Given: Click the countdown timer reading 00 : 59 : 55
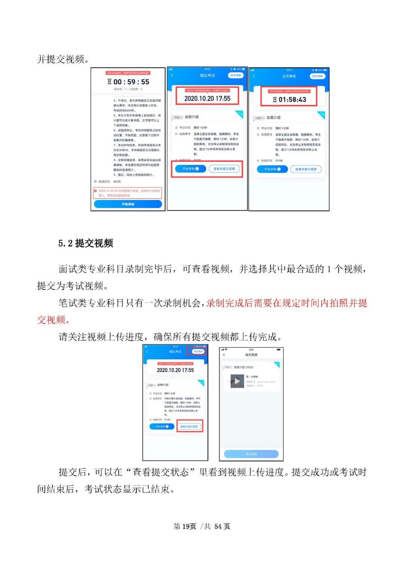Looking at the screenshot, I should point(131,82).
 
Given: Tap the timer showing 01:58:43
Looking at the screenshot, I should point(292,100).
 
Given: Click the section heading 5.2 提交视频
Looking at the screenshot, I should point(86,243).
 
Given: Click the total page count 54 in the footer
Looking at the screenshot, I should point(218,526).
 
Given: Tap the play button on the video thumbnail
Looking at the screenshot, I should point(237,381).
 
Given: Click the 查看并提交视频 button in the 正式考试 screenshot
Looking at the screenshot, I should point(306,169).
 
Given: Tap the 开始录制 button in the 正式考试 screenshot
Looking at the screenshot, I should point(272,169).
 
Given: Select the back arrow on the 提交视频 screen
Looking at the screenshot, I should point(224,354).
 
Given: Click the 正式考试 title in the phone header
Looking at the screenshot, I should point(289,76).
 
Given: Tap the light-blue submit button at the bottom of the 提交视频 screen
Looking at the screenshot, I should point(251,454).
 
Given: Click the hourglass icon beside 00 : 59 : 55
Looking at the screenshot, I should point(110,82).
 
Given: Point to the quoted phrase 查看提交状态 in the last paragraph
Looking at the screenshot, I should point(160,472).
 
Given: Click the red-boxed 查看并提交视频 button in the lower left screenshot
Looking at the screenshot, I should point(189,426).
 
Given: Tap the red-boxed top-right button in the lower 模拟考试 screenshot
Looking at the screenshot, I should point(198,351).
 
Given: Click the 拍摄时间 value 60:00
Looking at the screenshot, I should point(117,182).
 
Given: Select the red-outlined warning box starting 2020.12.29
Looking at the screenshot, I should point(128,193).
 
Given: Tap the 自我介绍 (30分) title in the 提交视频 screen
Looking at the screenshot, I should point(244,367).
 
